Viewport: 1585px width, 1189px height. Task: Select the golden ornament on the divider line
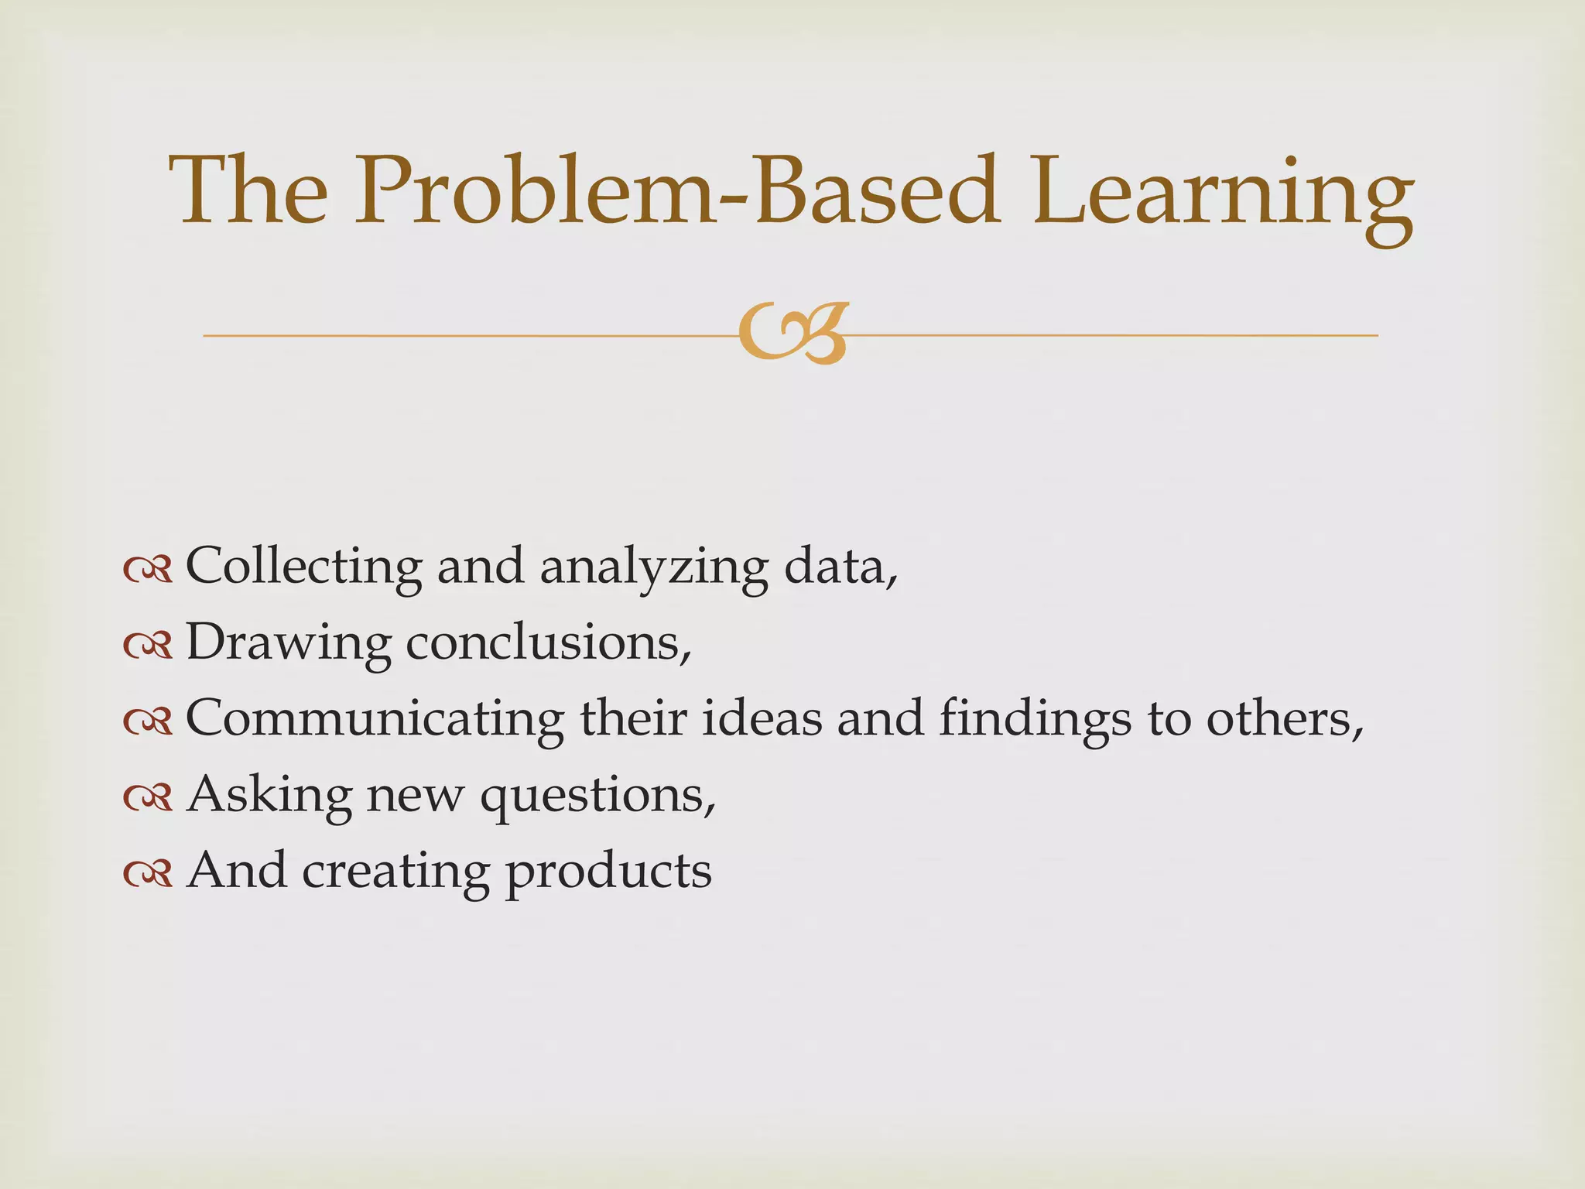(793, 333)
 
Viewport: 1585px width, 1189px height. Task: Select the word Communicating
(375, 718)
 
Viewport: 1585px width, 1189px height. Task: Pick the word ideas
(762, 718)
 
